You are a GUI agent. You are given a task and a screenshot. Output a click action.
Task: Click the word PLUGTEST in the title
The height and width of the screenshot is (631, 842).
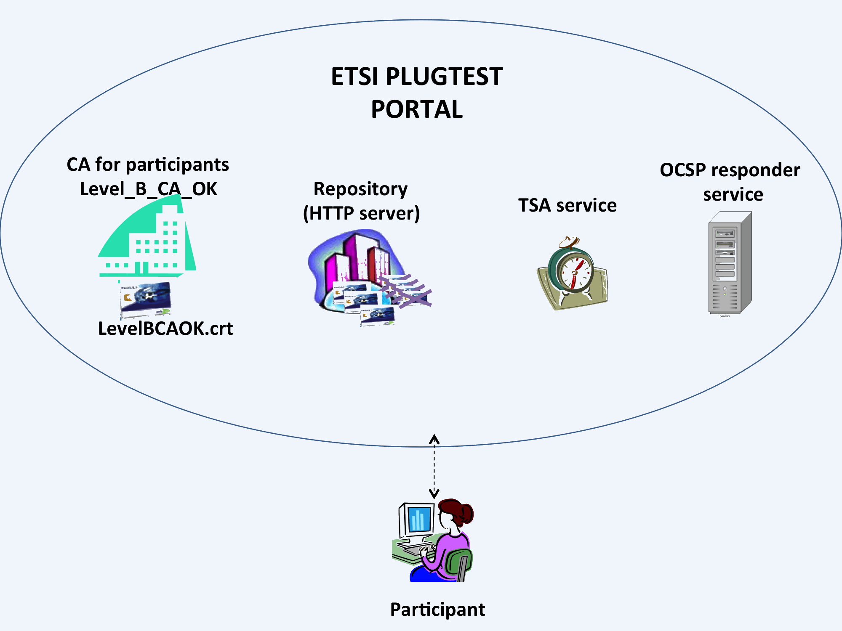coord(444,77)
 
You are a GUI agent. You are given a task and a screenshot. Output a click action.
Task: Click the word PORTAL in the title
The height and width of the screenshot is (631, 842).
coord(417,109)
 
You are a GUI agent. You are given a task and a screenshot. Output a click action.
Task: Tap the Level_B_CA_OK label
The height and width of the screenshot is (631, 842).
coord(148,189)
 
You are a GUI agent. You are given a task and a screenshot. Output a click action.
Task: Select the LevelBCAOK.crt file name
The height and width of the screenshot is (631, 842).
coord(165,329)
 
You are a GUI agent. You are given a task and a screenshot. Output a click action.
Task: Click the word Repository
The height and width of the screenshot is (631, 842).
coord(360,189)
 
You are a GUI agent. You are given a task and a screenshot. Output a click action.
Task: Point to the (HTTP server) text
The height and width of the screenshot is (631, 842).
coord(361,213)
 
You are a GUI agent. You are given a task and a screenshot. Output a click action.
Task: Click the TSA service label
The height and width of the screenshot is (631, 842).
coord(567,205)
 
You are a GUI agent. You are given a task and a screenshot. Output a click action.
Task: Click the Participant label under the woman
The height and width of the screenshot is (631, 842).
coord(437,610)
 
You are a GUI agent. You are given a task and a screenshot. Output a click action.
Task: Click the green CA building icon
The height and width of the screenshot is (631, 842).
coord(147,240)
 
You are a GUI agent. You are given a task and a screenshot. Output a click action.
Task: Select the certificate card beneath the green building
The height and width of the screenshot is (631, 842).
coord(146,299)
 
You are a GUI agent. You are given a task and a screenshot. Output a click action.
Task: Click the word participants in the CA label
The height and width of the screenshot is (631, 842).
coord(177,164)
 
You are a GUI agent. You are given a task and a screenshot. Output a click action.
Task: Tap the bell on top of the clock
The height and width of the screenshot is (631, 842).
coord(569,243)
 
